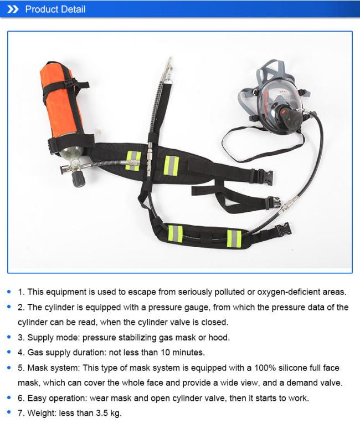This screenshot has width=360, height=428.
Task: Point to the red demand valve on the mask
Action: tap(289, 115)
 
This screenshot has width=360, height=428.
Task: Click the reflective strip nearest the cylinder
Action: tap(133, 160)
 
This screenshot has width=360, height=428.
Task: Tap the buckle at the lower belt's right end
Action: tap(282, 228)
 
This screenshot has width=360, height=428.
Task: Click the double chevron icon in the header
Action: tap(13, 9)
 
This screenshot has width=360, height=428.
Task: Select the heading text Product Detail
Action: tap(55, 9)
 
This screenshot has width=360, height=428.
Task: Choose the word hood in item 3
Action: tap(219, 337)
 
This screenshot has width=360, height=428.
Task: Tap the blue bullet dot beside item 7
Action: tap(10, 413)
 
